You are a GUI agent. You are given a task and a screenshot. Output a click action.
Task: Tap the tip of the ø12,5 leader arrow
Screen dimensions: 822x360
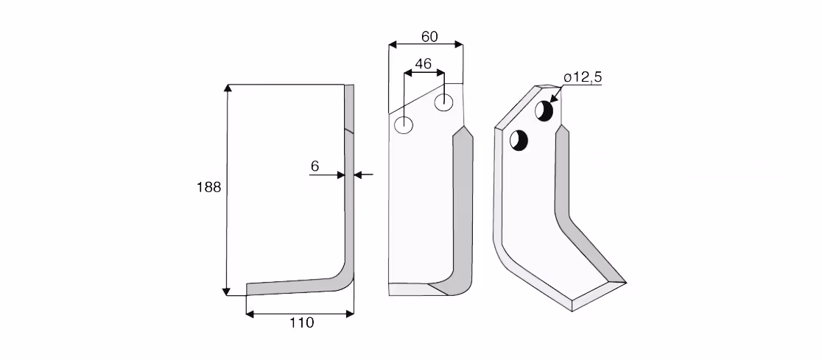coord(550,102)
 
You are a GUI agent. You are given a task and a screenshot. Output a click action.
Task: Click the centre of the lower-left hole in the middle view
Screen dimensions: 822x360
coord(404,125)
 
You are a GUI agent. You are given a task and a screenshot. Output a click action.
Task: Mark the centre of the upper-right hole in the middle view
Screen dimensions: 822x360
coord(444,102)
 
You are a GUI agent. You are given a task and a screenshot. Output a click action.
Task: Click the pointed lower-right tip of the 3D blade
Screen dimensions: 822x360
coord(626,283)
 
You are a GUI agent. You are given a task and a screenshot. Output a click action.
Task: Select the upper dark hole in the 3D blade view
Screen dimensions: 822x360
coord(544,110)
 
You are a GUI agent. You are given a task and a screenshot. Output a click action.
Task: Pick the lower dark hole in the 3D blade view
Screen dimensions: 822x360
coord(519,141)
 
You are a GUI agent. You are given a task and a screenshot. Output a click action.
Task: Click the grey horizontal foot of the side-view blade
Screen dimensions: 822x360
coord(294,286)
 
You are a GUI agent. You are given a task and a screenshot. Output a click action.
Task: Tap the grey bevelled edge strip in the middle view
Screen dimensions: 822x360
coord(463,210)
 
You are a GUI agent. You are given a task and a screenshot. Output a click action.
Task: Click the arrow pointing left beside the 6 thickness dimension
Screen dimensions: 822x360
coord(364,174)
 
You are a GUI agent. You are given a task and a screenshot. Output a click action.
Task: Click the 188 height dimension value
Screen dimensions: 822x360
coord(208,187)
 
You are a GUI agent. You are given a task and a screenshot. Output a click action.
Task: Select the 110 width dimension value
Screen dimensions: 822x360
coord(302,322)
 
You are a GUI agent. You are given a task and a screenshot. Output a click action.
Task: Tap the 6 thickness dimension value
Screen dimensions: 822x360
coord(315,166)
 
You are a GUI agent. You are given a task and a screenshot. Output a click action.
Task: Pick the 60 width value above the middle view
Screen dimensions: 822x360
coord(429,37)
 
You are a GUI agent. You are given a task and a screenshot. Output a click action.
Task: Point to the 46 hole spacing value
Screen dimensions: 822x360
coord(423,64)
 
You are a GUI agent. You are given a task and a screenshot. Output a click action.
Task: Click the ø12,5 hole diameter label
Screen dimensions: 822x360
coord(583,77)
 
